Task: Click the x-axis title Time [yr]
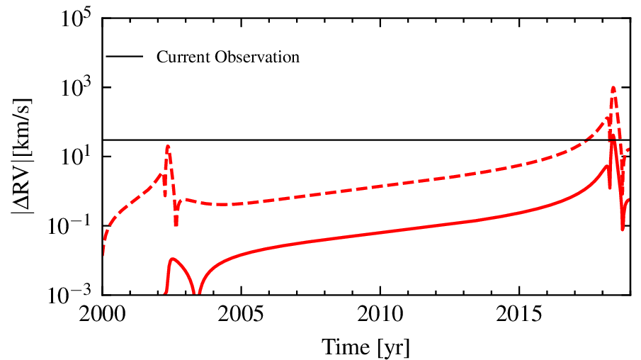point(366,347)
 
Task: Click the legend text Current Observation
point(228,57)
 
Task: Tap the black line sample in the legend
point(125,57)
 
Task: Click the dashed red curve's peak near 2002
point(168,146)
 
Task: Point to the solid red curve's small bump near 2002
point(172,259)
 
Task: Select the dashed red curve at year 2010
point(380,186)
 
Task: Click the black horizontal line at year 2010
point(380,140)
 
